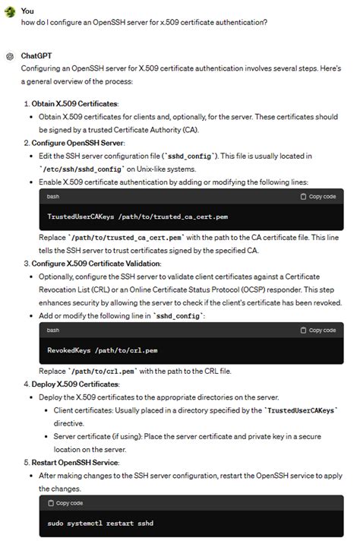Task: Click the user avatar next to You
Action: pos(10,11)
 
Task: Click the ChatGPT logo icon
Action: pos(10,56)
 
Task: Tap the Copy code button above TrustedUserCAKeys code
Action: pos(318,196)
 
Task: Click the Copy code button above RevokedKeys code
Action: pos(318,330)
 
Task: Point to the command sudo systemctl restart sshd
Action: pos(99,524)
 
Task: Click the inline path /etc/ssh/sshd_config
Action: pos(77,169)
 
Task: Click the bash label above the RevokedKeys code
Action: pos(53,330)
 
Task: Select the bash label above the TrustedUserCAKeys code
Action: pos(53,196)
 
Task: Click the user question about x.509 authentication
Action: pos(144,22)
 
